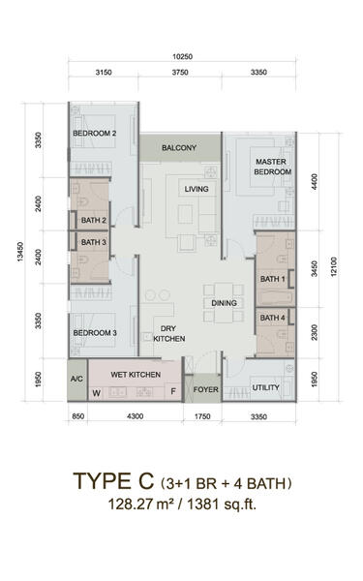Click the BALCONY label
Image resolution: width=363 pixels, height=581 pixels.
pos(179,148)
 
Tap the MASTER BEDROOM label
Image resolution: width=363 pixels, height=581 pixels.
pos(272,167)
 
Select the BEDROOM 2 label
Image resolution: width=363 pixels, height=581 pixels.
pos(95,133)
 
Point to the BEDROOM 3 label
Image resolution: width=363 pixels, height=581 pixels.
pos(95,333)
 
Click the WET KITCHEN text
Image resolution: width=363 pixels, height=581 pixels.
pos(136,375)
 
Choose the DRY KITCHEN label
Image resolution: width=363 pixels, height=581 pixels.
pos(168,333)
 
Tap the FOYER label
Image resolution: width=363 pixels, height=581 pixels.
pos(205,389)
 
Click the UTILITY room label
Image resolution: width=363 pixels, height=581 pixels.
pos(265,387)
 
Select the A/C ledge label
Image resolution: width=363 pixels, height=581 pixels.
pos(76,379)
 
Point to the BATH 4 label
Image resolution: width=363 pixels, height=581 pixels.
pos(272,318)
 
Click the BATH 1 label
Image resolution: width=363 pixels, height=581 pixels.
pos(272,279)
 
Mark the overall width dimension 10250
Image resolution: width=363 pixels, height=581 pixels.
pos(182,57)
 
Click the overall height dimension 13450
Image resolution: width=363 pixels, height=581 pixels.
pos(20,252)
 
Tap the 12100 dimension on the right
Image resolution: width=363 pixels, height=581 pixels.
pos(334,267)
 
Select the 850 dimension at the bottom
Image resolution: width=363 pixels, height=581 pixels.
pos(77,416)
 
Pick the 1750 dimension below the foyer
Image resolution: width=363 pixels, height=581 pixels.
pos(202,416)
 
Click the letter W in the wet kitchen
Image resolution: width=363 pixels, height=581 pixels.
pos(96,393)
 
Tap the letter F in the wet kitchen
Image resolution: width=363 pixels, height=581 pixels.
pos(173,391)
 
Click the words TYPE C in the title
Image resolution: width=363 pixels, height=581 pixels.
pos(113,481)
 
